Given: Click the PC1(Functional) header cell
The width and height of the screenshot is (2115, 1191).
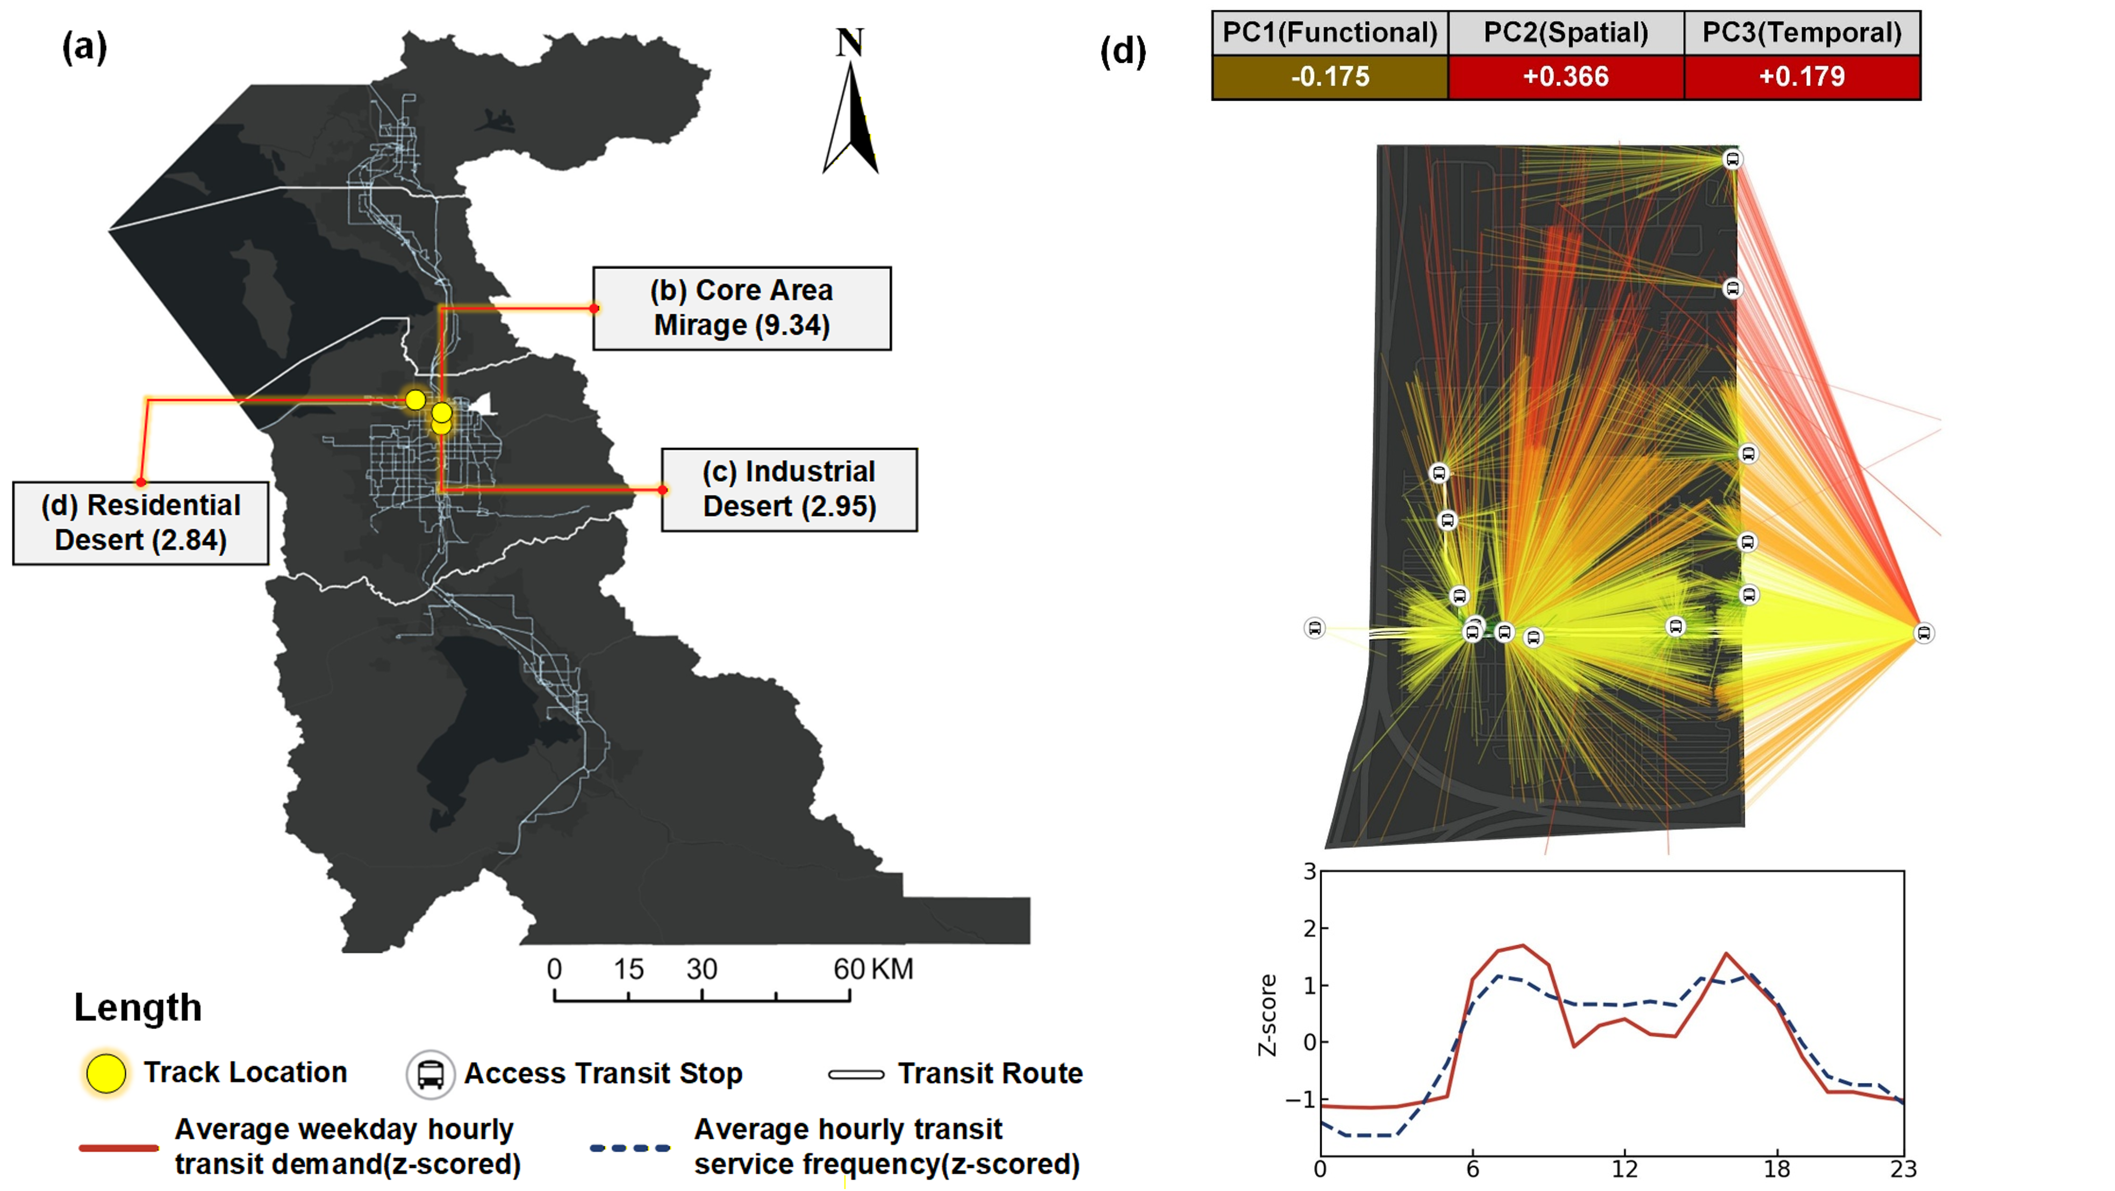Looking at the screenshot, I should click(x=1329, y=33).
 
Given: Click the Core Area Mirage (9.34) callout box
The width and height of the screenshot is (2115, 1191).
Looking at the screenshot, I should click(x=741, y=308).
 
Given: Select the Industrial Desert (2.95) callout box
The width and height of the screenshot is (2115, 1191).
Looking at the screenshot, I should click(x=789, y=489).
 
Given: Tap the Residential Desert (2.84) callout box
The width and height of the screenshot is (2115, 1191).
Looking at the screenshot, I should click(x=141, y=523).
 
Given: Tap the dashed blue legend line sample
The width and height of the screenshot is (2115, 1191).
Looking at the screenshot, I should click(x=630, y=1147).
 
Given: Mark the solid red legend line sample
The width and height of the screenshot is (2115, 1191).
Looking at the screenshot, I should click(x=119, y=1147).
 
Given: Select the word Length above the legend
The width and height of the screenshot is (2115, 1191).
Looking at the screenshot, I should click(x=138, y=1007).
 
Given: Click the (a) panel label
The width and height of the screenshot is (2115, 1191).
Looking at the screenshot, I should click(x=84, y=48).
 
